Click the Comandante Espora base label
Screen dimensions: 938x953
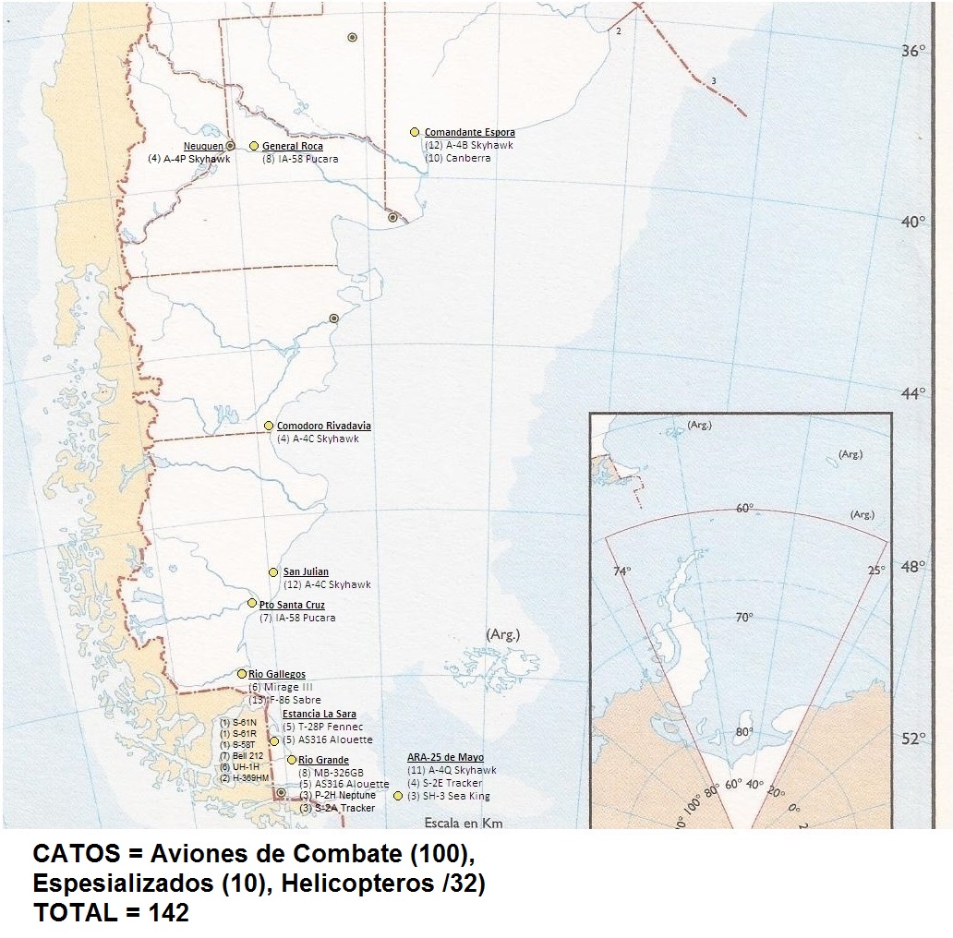tap(469, 133)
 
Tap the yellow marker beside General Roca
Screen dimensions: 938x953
tap(254, 146)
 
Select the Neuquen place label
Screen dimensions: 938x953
tap(204, 146)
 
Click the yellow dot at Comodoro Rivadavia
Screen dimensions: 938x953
tap(269, 426)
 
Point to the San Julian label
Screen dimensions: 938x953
tap(306, 572)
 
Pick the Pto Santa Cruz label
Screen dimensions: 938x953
tap(292, 605)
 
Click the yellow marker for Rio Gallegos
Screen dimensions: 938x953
tap(242, 674)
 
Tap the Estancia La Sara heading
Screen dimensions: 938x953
tap(319, 714)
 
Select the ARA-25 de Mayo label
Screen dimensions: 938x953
tap(445, 757)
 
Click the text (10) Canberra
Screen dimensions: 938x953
tap(457, 158)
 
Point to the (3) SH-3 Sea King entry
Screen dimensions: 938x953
tap(449, 796)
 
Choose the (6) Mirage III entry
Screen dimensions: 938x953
tap(281, 688)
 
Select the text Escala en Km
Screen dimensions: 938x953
tap(463, 822)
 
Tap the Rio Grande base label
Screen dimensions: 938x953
tap(323, 760)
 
